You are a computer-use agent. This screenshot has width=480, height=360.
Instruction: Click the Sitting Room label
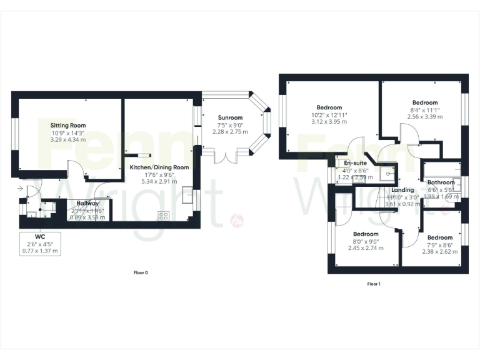(x=69, y=126)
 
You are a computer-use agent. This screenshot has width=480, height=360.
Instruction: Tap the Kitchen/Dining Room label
(x=159, y=167)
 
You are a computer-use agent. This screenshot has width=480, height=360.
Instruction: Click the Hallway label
(x=87, y=203)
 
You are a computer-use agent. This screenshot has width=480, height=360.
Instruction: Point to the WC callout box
(x=41, y=243)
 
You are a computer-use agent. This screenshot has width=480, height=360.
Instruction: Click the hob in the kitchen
(x=164, y=216)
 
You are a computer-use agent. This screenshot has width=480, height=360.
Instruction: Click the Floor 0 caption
(x=141, y=272)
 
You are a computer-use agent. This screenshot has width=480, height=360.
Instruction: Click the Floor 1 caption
(x=374, y=284)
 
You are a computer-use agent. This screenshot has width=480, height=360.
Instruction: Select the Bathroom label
(x=441, y=182)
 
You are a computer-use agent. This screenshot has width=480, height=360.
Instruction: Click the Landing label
(x=402, y=190)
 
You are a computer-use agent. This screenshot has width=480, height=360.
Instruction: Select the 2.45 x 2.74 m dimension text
(x=366, y=248)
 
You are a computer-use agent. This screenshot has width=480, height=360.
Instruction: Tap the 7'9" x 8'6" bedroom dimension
(x=440, y=245)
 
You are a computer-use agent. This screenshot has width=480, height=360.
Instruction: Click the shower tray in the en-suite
(x=389, y=174)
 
